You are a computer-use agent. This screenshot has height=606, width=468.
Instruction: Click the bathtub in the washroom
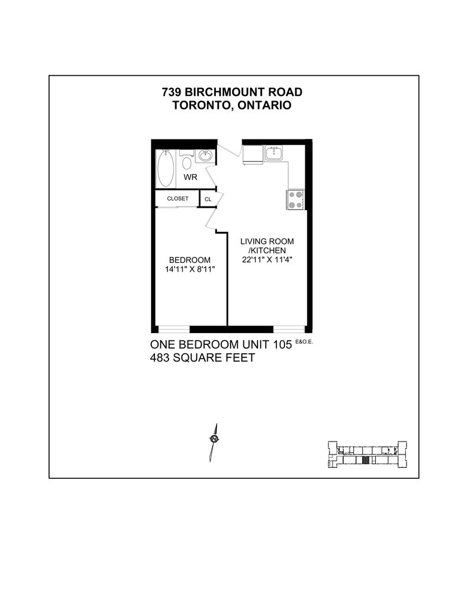click(x=165, y=168)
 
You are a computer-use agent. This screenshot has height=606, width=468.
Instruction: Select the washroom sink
click(x=205, y=156)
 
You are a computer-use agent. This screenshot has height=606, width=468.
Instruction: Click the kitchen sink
click(x=274, y=154)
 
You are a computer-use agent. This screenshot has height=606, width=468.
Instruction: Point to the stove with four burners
click(x=295, y=199)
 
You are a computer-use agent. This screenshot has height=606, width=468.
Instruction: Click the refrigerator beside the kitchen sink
click(x=251, y=155)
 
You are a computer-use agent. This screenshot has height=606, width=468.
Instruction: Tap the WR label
click(x=190, y=178)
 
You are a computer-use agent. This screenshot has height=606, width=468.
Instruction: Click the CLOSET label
click(x=177, y=199)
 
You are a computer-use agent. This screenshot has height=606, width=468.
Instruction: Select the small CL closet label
click(x=208, y=199)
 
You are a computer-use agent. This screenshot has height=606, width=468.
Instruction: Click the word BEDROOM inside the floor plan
click(x=189, y=260)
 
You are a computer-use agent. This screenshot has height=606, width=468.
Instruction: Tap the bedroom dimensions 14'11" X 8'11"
click(x=189, y=269)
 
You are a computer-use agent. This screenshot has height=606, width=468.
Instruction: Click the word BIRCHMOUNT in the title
click(x=233, y=92)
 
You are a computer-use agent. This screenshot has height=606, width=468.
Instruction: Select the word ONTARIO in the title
click(x=263, y=105)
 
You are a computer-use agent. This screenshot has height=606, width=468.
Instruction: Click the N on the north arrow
click(x=214, y=439)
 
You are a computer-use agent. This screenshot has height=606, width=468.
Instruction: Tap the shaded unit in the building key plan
click(x=366, y=459)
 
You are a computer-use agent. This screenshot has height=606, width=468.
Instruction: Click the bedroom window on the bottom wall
click(x=173, y=329)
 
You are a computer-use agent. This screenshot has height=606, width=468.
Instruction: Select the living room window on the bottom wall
click(x=289, y=329)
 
